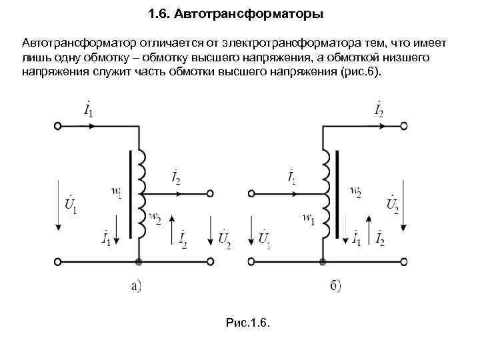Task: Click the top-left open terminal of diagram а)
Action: [57, 126]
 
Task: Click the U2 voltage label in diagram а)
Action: [225, 239]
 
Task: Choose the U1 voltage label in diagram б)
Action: [265, 239]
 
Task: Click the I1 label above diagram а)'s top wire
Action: [88, 109]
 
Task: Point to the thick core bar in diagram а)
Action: [128, 194]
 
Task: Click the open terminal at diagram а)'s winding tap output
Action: [210, 194]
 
